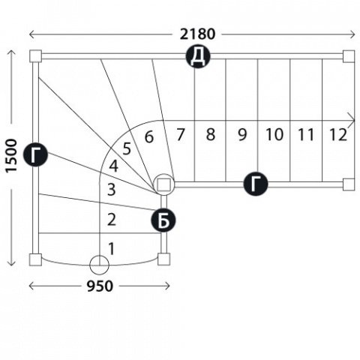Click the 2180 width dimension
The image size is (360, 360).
tap(197, 34)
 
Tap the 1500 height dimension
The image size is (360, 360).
tap(11, 155)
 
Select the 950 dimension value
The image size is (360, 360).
tap(100, 286)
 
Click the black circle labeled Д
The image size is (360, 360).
tap(198, 56)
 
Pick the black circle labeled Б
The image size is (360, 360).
tap(163, 220)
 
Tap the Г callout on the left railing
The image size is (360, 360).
tap(35, 154)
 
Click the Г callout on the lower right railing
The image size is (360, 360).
tap(256, 184)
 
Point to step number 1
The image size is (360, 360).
tap(112, 249)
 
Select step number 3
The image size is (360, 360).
tap(112, 190)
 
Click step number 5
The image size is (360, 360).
tap(127, 148)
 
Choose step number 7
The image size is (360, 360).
tap(180, 134)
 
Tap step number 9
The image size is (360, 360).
tap(242, 134)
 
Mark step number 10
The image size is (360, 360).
tap(274, 134)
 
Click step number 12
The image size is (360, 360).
tap(338, 134)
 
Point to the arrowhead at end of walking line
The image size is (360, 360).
tap(352, 121)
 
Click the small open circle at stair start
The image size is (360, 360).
tap(99, 265)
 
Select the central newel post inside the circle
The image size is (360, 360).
tap(163, 184)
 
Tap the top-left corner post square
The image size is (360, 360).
tap(35, 56)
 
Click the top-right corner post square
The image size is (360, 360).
tap(349, 56)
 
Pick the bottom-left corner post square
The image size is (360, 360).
tap(35, 259)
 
